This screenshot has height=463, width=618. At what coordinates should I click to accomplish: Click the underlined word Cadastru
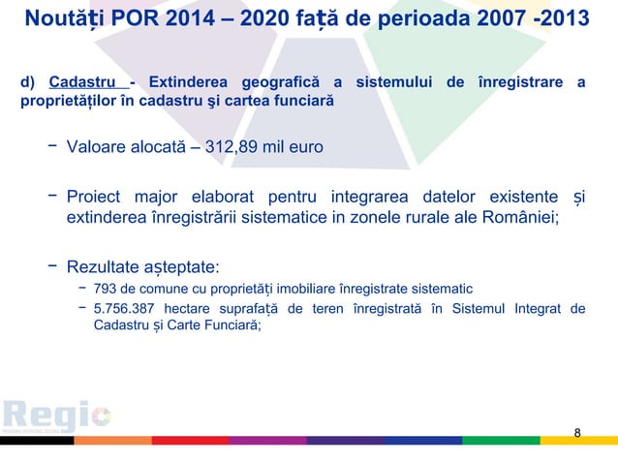tap(80, 81)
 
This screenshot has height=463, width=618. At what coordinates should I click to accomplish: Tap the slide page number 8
tap(577, 432)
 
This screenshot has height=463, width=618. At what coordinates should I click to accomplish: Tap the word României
tap(519, 217)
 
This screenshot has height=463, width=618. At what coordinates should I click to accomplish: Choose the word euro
tap(304, 148)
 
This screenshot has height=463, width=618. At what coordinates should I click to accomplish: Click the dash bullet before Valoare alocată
tap(46, 147)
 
